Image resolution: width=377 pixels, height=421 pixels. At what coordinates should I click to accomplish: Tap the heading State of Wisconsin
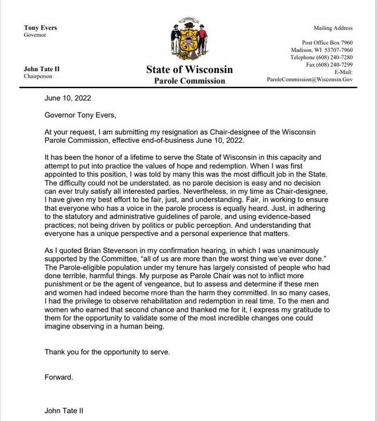[x=189, y=70]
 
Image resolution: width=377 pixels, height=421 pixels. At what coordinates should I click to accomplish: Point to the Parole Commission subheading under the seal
[x=189, y=81]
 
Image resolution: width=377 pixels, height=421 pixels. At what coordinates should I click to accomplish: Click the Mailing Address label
[x=333, y=28]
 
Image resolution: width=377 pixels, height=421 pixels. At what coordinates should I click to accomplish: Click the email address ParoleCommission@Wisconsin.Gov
[x=310, y=79]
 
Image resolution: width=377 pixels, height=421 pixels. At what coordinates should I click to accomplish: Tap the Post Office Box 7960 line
[x=327, y=43]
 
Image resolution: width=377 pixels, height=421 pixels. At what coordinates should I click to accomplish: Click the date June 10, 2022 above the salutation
[x=67, y=98]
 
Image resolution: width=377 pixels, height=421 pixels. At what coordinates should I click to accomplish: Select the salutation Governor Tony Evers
[x=80, y=115]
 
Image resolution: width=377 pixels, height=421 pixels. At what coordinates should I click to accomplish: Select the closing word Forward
[x=59, y=377]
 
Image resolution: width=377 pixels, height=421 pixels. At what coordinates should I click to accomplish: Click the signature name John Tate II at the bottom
[x=64, y=410]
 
